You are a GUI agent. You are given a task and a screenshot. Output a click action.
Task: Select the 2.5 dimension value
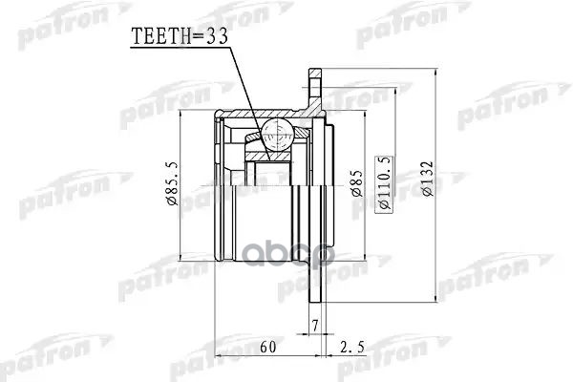(350, 346)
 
